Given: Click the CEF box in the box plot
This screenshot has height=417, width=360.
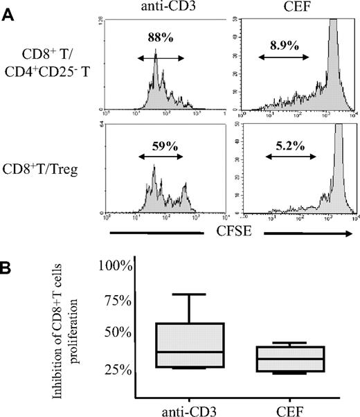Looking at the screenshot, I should coord(300,360).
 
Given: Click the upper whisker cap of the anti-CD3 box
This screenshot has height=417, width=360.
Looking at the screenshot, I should coord(190,294).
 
